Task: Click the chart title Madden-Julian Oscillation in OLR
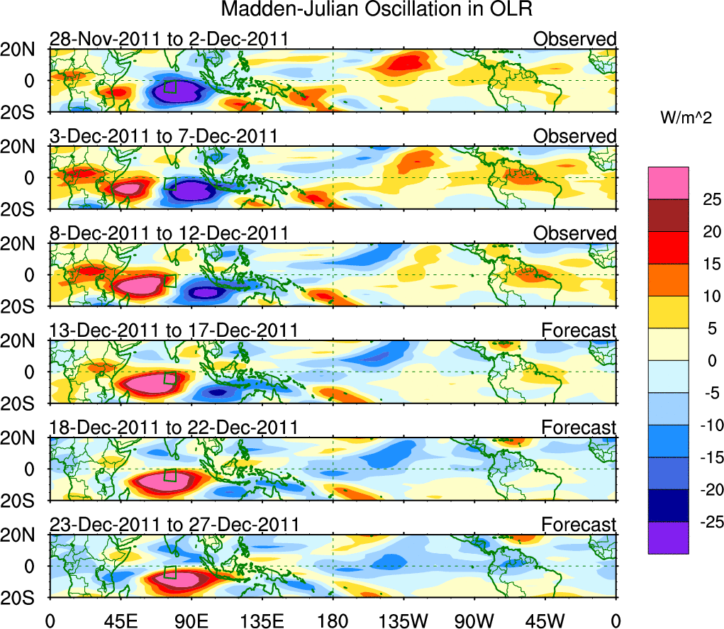click(377, 10)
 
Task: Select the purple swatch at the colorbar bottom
click(668, 538)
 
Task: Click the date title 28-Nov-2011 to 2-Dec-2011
click(169, 39)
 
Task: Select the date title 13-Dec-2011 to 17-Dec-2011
click(174, 330)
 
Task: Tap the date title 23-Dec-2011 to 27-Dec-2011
click(174, 525)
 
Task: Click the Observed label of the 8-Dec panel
click(575, 233)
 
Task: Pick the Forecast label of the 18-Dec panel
click(579, 428)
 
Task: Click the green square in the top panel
click(170, 87)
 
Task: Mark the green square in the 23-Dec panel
click(170, 572)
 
